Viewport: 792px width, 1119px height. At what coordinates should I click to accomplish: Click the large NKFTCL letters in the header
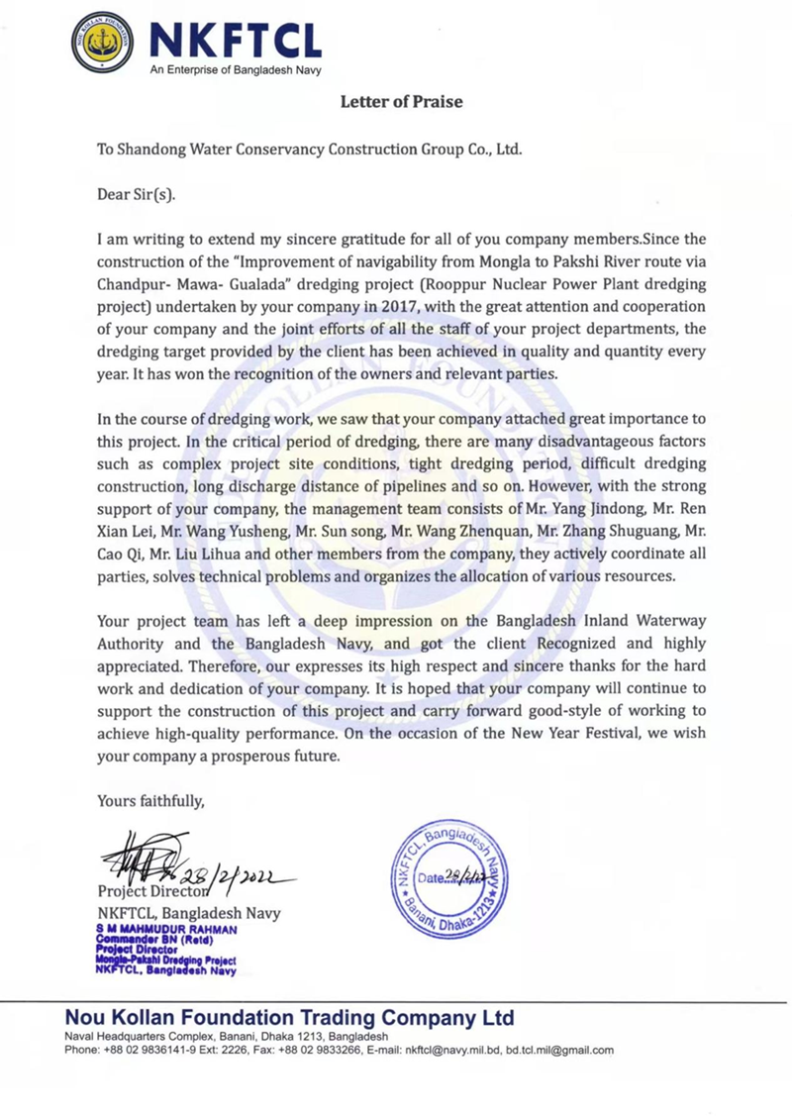pos(235,39)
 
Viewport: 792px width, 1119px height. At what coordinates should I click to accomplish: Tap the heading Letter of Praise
pos(401,101)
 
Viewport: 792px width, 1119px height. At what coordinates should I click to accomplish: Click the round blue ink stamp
pos(448,877)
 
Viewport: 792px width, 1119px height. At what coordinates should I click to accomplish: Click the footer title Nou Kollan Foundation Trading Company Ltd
pos(289,1018)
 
